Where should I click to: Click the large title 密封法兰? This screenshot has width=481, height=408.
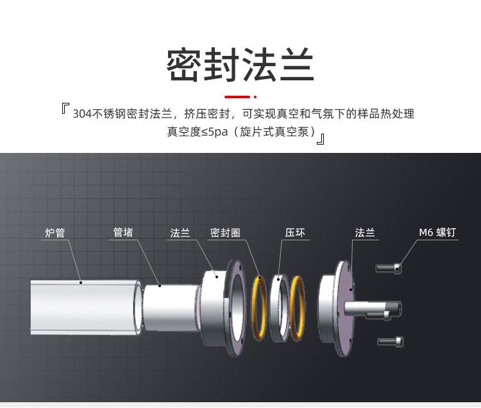240,65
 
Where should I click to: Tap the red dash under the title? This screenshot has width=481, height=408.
237,97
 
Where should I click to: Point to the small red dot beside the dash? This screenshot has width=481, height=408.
255,97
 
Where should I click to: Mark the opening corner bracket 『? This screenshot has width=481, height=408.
65,109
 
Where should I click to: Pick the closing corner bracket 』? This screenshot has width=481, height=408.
321,137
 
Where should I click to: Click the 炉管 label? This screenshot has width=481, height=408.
55,233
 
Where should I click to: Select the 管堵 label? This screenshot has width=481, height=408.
123,233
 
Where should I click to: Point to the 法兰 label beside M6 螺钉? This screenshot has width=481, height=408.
365,233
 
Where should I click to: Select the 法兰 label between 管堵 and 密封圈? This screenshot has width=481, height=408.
180,233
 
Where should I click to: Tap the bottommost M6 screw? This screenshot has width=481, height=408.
391,341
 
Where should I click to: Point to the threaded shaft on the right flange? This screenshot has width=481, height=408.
372,307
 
